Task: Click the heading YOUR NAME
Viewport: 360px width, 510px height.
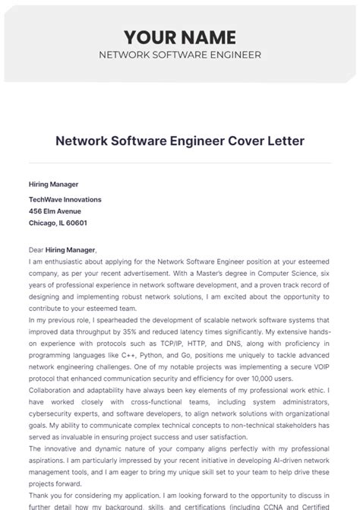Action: pyautogui.click(x=180, y=36)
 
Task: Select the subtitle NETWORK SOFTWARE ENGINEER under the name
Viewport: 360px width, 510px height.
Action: pyautogui.click(x=180, y=55)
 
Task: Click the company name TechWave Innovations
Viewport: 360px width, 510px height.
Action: pyautogui.click(x=65, y=199)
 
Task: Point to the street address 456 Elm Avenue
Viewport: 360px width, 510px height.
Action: pyautogui.click(x=55, y=211)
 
